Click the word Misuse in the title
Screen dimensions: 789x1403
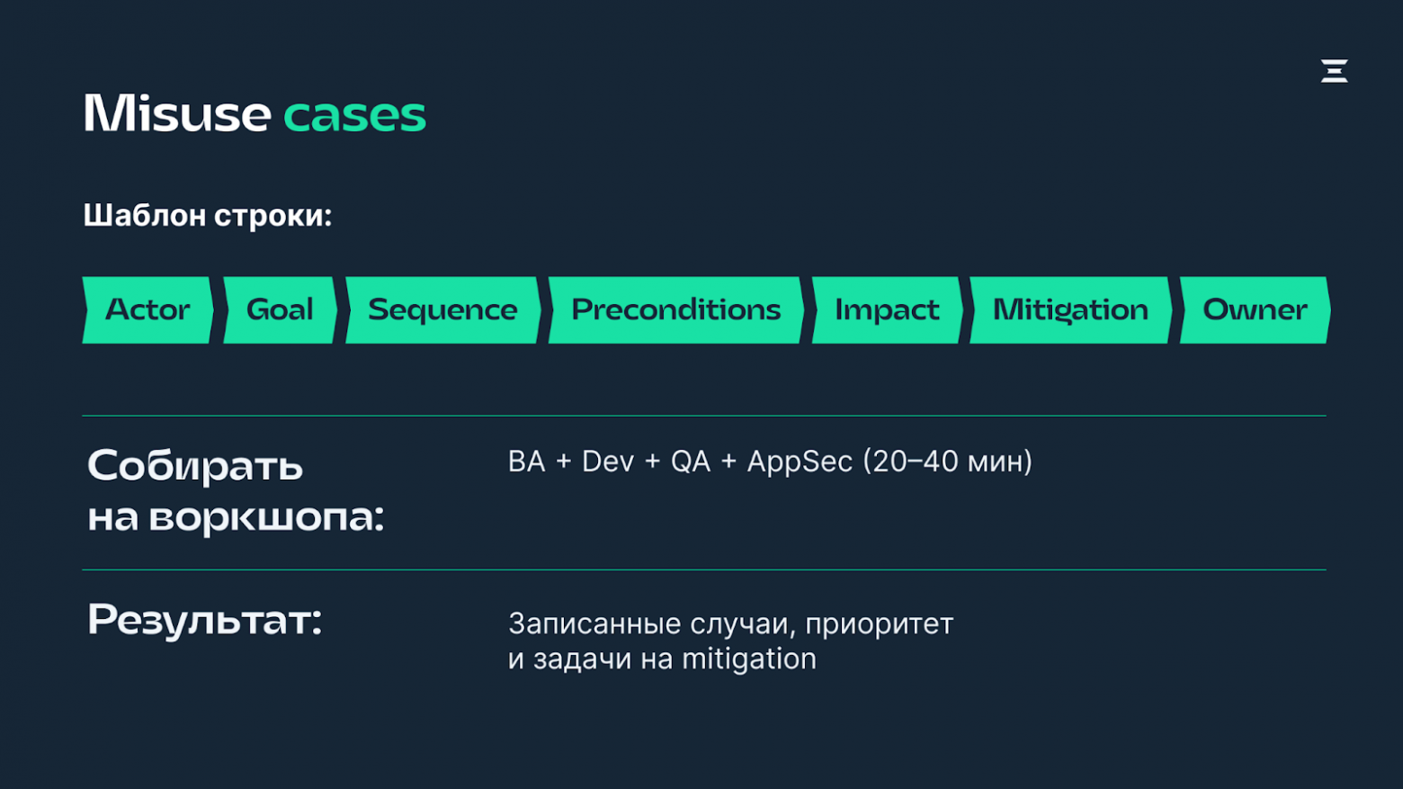pyautogui.click(x=176, y=114)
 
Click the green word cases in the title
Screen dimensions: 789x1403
pyautogui.click(x=354, y=116)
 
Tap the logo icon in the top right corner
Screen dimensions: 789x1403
pyautogui.click(x=1334, y=71)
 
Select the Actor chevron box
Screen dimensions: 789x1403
pyautogui.click(x=147, y=310)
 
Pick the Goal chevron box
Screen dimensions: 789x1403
pyautogui.click(x=280, y=310)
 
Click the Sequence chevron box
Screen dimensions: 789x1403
pyautogui.click(x=442, y=310)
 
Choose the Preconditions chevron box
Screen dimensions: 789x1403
pyautogui.click(x=675, y=310)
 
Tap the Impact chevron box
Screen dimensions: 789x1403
pyautogui.click(x=887, y=310)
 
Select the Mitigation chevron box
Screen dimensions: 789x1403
pyautogui.click(x=1070, y=310)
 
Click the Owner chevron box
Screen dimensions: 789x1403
pyautogui.click(x=1255, y=310)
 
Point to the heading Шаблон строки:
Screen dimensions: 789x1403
pyautogui.click(x=208, y=216)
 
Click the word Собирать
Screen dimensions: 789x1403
pyautogui.click(x=195, y=466)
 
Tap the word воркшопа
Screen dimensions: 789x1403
pyautogui.click(x=265, y=517)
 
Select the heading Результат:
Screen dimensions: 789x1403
pyautogui.click(x=204, y=620)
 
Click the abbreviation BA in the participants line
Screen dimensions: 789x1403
pyautogui.click(x=526, y=462)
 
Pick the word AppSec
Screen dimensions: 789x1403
pyautogui.click(x=800, y=462)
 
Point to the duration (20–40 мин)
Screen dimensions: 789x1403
pyautogui.click(x=947, y=462)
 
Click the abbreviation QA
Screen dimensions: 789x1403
pyautogui.click(x=691, y=462)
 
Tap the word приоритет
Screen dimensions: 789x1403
pyautogui.click(x=879, y=623)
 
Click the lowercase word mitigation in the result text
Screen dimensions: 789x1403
pyautogui.click(x=748, y=659)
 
